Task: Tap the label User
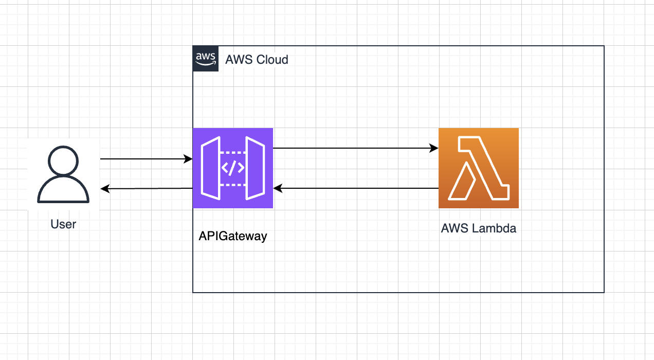coord(63,224)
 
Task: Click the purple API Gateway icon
coord(233,168)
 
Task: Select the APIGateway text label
coord(233,237)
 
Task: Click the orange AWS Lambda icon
coord(478,168)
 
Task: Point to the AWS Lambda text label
coord(478,228)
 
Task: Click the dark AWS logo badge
coord(206,59)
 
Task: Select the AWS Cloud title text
coord(257,60)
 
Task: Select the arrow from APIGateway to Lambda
coord(355,149)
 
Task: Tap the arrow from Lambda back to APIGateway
coord(355,189)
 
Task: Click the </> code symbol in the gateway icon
coord(233,168)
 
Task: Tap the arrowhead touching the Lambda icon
coord(434,149)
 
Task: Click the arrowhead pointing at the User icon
coord(104,189)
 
